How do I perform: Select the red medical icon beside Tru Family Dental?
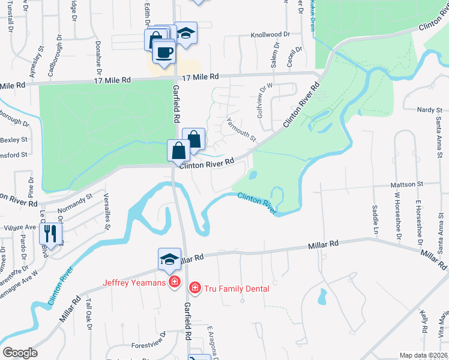point(194,289)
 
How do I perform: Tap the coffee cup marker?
point(163,52)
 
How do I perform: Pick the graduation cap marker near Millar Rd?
point(169,259)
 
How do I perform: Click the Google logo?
point(20,353)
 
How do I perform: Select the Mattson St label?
point(407,184)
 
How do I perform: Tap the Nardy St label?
point(430,110)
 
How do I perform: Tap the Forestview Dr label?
point(148,345)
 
